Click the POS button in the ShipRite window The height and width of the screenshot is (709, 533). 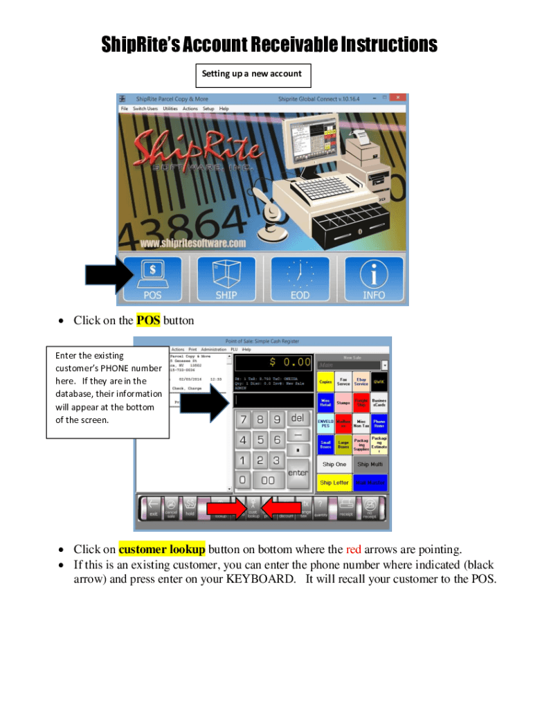point(152,278)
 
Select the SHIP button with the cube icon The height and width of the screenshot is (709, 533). point(226,278)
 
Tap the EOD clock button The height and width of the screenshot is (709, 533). point(300,278)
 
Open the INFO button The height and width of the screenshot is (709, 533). point(374,278)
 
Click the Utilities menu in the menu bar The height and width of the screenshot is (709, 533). point(170,109)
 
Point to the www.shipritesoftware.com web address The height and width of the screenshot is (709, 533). point(193,243)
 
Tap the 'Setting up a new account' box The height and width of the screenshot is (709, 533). point(251,74)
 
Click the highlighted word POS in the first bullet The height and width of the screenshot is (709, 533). point(148,320)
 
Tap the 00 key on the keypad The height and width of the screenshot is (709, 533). point(267,479)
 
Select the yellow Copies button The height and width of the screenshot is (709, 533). point(325,382)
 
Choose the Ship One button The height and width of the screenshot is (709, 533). point(334,465)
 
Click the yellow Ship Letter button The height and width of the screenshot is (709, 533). point(334,483)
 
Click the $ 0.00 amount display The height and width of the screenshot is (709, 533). point(273,362)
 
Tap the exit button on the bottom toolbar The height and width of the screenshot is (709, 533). point(153,509)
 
